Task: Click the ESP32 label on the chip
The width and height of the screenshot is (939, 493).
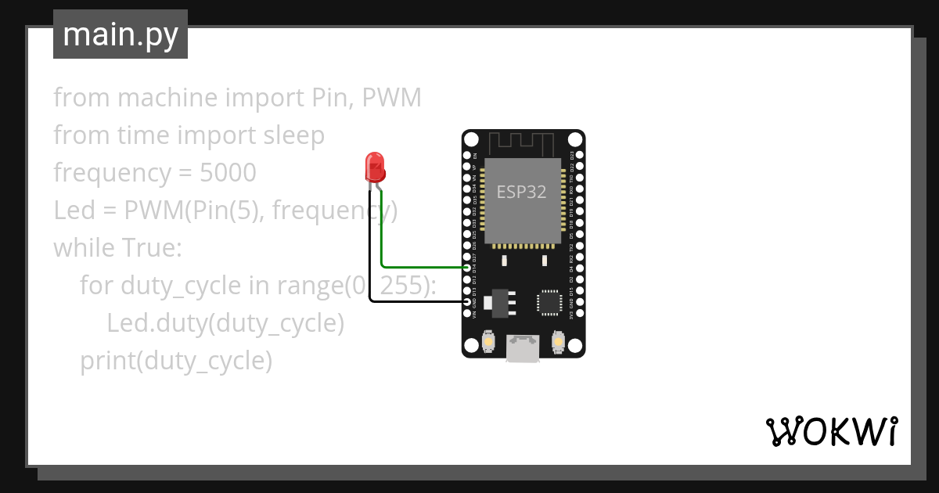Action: point(522,193)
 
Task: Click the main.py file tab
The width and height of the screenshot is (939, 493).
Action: point(121,34)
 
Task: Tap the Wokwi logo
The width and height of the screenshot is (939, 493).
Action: point(830,431)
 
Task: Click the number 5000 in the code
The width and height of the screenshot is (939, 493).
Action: point(228,173)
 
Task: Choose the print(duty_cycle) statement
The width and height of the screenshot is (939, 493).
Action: point(176,361)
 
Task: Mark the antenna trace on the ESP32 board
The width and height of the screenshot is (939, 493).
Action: point(522,143)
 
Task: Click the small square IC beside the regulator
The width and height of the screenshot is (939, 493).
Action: point(549,303)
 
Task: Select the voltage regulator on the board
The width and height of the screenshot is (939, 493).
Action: point(498,302)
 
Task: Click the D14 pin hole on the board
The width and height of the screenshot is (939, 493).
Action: point(467,268)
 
